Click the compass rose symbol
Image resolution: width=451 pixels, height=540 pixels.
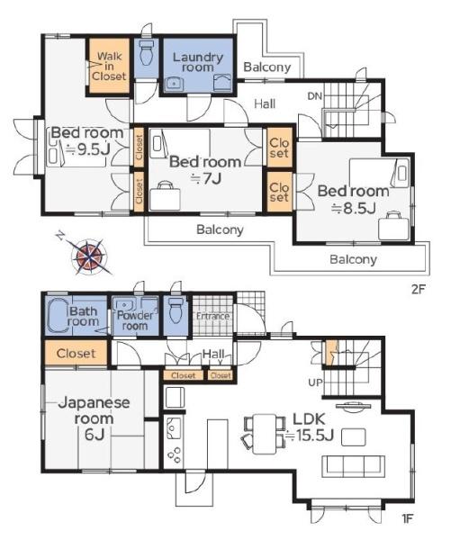(89, 256)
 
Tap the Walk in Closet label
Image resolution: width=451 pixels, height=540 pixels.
(109, 66)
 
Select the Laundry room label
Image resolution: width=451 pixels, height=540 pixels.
(198, 62)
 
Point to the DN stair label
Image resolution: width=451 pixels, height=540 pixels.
(314, 96)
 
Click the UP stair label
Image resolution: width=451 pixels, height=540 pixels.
(315, 382)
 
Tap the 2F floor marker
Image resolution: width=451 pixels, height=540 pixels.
(418, 289)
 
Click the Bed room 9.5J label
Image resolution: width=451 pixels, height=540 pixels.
(87, 141)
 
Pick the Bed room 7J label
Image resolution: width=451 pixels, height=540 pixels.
(205, 170)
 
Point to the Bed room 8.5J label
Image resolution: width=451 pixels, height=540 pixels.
(353, 200)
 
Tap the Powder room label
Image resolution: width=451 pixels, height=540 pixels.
(135, 320)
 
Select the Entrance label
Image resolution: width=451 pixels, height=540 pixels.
(212, 316)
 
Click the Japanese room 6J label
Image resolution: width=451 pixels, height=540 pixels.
(94, 418)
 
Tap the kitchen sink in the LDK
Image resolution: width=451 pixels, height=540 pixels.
(174, 428)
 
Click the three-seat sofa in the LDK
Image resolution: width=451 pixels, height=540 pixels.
(354, 466)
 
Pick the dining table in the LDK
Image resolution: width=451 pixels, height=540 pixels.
(265, 434)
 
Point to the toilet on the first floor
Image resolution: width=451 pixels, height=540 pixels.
(176, 310)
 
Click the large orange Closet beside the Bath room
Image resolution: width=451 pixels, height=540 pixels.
(76, 353)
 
